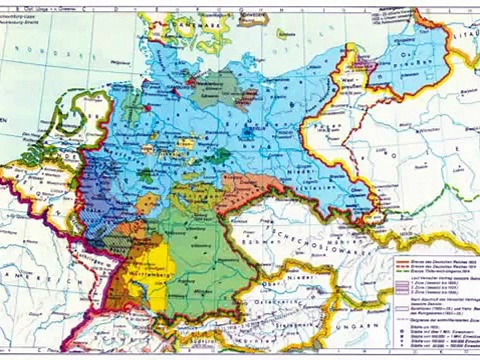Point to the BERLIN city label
point(249,125)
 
